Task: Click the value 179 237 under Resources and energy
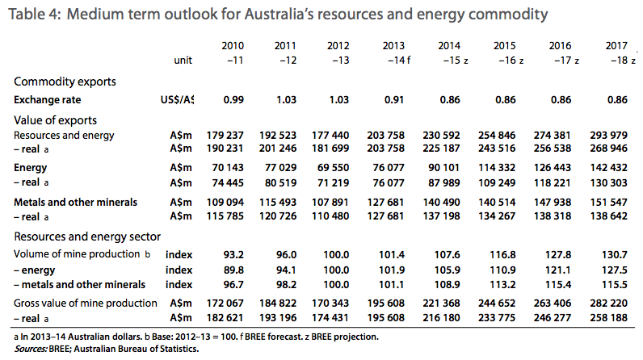click(x=225, y=135)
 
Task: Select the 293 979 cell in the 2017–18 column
click(x=608, y=135)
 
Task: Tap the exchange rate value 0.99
click(x=233, y=100)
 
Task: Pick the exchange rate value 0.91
click(x=394, y=100)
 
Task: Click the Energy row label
click(x=31, y=168)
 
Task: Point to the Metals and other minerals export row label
click(x=75, y=203)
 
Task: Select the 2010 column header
click(x=233, y=46)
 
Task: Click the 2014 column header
click(x=449, y=46)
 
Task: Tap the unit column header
click(x=183, y=61)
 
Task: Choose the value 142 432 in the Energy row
click(x=608, y=168)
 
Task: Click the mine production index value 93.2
click(x=233, y=255)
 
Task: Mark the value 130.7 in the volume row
click(x=614, y=255)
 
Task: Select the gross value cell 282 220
click(x=608, y=303)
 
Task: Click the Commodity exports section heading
click(x=65, y=82)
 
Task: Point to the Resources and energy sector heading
click(x=87, y=237)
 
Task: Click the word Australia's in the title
click(x=279, y=15)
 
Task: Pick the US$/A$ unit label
click(x=177, y=100)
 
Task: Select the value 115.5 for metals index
click(x=614, y=285)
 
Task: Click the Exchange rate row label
click(x=47, y=100)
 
